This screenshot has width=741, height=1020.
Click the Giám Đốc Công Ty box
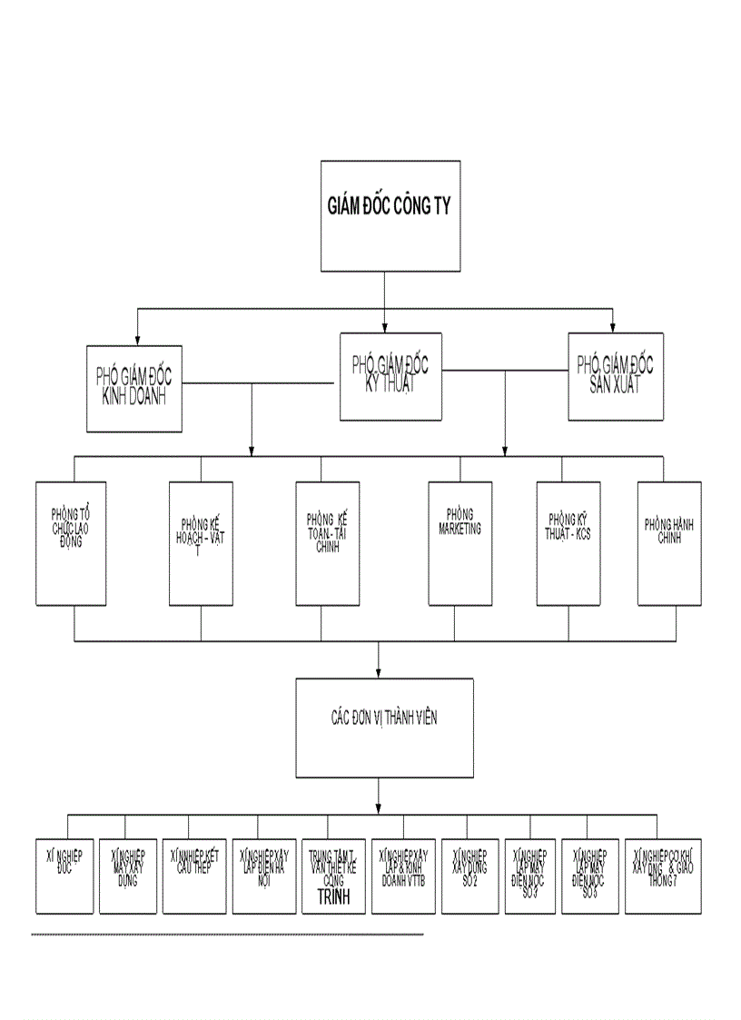[x=390, y=215]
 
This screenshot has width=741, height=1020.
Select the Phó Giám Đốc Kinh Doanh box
[x=134, y=388]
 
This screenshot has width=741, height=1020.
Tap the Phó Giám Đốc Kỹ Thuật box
[x=390, y=376]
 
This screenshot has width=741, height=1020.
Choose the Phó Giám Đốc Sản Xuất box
[x=615, y=376]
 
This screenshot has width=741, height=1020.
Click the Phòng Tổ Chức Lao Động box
[x=71, y=543]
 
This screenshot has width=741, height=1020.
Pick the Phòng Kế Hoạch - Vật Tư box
[x=202, y=543]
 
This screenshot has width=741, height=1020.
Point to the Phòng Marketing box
[x=459, y=543]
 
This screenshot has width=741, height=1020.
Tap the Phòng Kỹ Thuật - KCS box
[x=568, y=543]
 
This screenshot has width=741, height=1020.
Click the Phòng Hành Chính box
[x=669, y=543]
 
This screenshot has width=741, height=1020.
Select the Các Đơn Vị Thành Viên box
[x=384, y=727]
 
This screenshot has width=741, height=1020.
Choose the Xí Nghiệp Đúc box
[x=64, y=876]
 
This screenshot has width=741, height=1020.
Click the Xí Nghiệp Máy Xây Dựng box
[x=127, y=876]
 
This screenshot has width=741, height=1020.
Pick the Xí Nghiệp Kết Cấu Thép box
[x=193, y=876]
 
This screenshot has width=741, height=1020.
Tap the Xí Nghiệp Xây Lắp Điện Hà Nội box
[x=263, y=876]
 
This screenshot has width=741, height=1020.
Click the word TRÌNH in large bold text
[x=333, y=900]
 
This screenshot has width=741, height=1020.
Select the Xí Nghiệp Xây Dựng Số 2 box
[x=469, y=876]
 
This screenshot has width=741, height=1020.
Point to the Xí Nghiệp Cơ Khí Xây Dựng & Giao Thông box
[x=668, y=876]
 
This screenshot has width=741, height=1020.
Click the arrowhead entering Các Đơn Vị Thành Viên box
[x=380, y=672]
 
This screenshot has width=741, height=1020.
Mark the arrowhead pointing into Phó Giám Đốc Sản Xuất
[x=613, y=327]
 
